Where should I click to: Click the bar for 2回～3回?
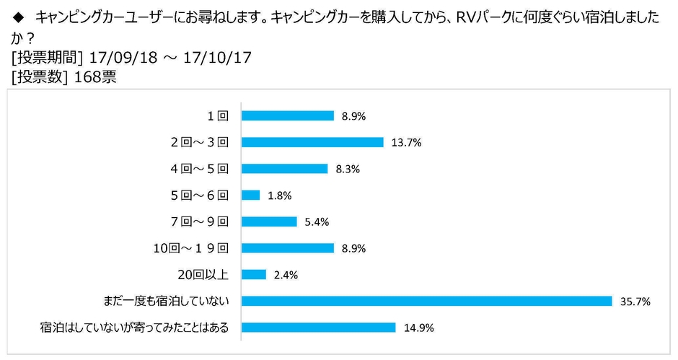(x=312, y=142)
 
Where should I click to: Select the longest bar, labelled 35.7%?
(x=426, y=301)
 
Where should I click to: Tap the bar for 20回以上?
(x=253, y=275)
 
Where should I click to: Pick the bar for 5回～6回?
(x=250, y=195)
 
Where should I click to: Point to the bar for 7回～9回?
(x=269, y=221)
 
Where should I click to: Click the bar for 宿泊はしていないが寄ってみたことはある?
(x=318, y=328)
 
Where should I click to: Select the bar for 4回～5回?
(x=284, y=169)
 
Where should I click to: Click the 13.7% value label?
(x=407, y=143)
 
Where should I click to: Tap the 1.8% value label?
(x=280, y=196)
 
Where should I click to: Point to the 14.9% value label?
(x=419, y=328)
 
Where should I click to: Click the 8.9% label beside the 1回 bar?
(x=354, y=116)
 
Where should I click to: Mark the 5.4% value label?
(x=317, y=222)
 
